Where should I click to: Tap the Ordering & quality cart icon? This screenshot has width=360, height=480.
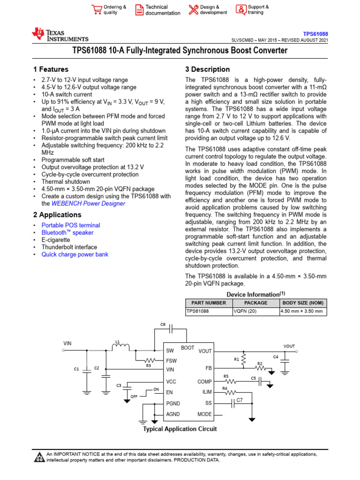point(97,10)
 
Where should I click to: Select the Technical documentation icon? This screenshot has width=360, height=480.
point(139,10)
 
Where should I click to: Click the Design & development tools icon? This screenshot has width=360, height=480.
point(194,10)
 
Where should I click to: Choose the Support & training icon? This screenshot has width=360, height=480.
point(240,10)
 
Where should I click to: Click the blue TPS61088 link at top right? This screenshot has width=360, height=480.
point(315,34)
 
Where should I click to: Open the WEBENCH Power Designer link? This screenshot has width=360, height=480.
point(88,203)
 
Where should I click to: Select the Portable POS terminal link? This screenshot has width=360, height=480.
point(70,225)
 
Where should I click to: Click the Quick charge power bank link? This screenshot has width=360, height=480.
point(75,254)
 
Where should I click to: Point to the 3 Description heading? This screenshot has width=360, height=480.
point(208,69)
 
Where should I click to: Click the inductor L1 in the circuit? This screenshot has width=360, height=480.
point(121,347)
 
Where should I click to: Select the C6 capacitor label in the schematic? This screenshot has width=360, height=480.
point(163,324)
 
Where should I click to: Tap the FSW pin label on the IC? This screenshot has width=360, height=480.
point(172,360)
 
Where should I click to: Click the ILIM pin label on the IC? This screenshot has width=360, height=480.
point(207,392)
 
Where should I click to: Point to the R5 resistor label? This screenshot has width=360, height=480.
point(226,376)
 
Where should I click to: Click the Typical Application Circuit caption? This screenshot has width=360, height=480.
point(180,428)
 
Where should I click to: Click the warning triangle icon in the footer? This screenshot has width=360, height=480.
point(40,457)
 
